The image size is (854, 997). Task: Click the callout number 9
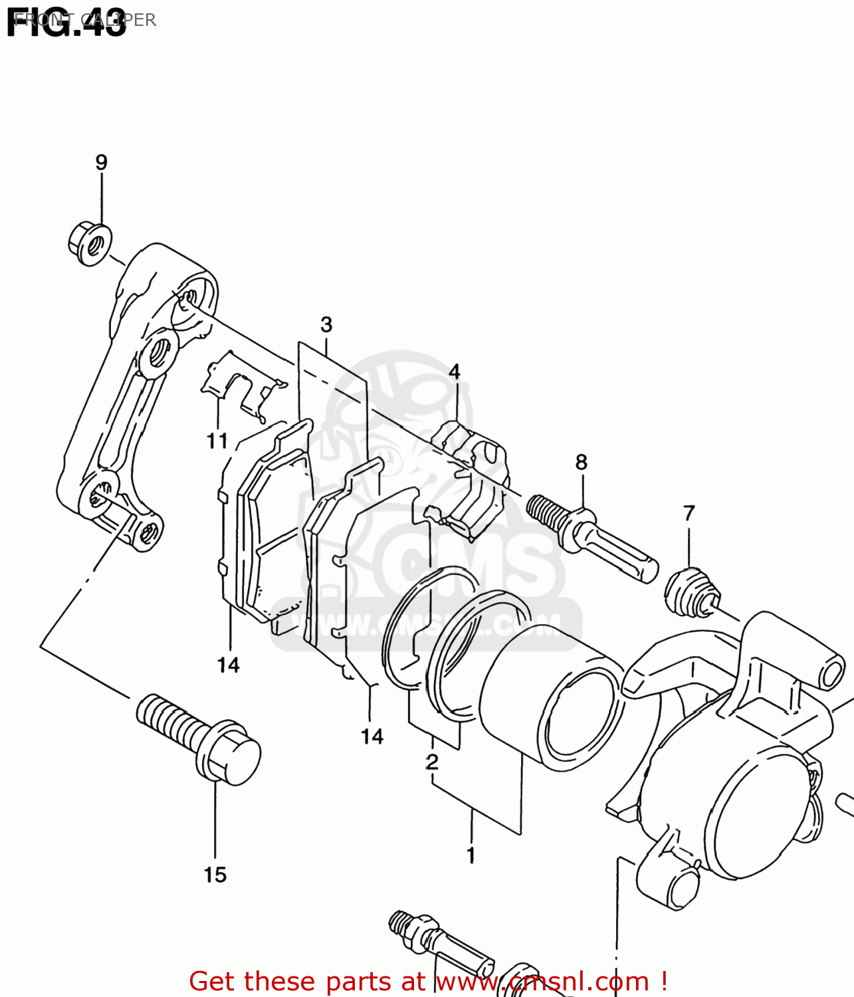pos(101,162)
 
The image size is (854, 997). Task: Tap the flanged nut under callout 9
pos(90,244)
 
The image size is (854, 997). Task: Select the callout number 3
pos(326,324)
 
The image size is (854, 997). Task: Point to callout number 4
pos(455,372)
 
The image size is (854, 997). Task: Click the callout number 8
pos(582,462)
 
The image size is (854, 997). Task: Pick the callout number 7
pos(689,513)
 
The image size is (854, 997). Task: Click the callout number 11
pos(217,441)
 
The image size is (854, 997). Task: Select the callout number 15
pos(215,875)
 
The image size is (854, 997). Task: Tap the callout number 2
pos(432,762)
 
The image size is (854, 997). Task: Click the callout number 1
pos(471,855)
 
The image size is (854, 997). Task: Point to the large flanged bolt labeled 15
pos(199,738)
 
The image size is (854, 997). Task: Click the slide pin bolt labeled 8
pos(591,538)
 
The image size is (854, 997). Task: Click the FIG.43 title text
pos(66,23)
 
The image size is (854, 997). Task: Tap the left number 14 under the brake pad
pos(228,665)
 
